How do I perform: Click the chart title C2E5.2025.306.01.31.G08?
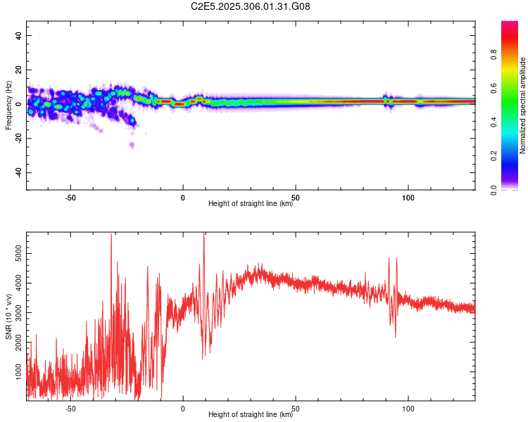[x=251, y=6]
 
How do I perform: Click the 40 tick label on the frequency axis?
[x=19, y=36]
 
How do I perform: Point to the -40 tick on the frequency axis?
[x=19, y=172]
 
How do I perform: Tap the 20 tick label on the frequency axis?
[x=19, y=70]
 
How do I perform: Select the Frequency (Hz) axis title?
[x=8, y=105]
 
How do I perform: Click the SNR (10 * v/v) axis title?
[x=8, y=316]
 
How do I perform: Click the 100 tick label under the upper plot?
[x=408, y=198]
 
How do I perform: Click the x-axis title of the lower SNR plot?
[x=251, y=415]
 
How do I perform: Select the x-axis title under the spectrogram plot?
[x=251, y=204]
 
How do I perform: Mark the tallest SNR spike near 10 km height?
[x=204, y=236]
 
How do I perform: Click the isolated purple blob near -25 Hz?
[x=132, y=145]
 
